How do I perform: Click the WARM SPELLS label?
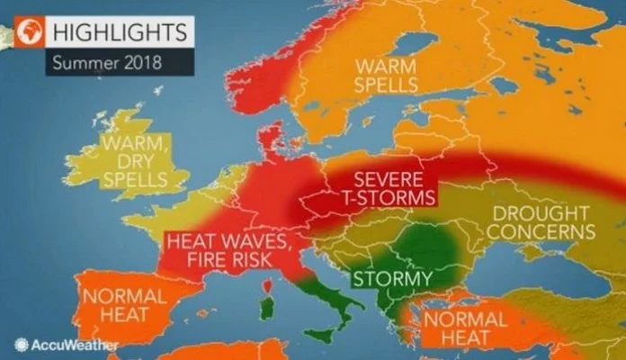(x=387, y=76)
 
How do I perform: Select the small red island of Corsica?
(x=266, y=286)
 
